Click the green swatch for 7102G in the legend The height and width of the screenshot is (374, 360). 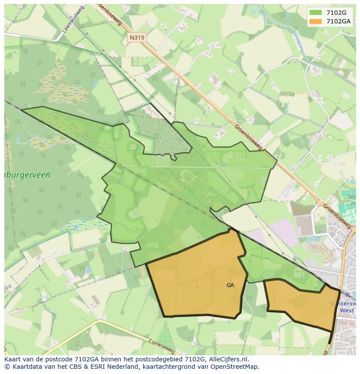click(316, 13)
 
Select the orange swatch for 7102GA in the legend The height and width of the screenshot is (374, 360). click(316, 21)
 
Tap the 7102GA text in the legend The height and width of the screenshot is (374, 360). click(339, 21)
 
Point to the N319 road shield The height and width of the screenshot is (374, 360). click(137, 38)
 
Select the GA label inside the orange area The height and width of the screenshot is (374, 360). click(230, 285)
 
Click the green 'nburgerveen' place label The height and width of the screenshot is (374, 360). click(27, 175)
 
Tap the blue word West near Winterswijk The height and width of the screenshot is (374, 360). click(347, 311)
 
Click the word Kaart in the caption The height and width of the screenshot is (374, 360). click(13, 359)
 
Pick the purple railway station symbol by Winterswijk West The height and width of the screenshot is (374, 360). click(347, 295)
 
